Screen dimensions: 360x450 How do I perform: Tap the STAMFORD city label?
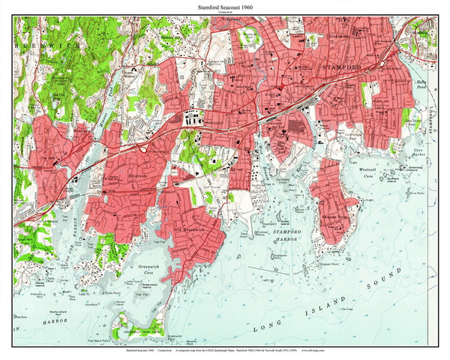[x=341, y=67]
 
